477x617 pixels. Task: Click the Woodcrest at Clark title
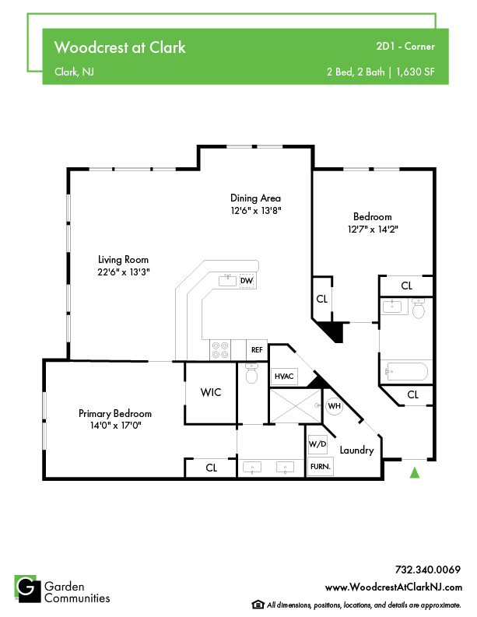point(120,47)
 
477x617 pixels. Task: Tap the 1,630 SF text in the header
point(416,72)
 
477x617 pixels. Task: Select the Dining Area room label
point(255,198)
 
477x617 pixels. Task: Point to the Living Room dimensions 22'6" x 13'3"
point(124,272)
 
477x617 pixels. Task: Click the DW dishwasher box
point(247,281)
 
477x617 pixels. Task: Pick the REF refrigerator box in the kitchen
point(257,350)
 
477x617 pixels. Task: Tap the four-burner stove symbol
point(220,350)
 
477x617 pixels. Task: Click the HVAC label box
point(284,376)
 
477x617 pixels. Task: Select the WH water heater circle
point(334,405)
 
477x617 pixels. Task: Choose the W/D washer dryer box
point(317,444)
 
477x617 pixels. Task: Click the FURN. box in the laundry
point(321,467)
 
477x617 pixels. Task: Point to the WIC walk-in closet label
point(211,392)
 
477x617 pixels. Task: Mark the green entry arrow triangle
point(415,472)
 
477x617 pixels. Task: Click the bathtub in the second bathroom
point(407,371)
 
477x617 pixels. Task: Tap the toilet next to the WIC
point(251,373)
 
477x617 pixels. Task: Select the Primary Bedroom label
point(115,413)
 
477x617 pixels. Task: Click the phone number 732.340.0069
point(428,570)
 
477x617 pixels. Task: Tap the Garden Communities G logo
point(27,589)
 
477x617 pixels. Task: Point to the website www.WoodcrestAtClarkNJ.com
point(394,587)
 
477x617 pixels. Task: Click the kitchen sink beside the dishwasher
point(227,281)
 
